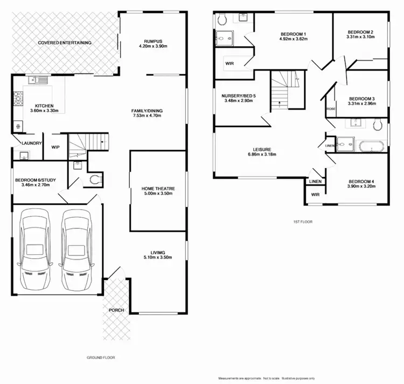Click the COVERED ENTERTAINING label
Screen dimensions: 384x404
(64, 43)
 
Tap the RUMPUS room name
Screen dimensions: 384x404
(153, 40)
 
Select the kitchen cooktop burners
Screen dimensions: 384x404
(19, 100)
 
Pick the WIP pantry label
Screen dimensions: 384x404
(55, 146)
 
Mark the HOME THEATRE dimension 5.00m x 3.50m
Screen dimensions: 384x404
(158, 194)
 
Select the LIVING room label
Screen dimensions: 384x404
(158, 252)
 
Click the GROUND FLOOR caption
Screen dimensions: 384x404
(101, 357)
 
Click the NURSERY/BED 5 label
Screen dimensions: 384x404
(239, 96)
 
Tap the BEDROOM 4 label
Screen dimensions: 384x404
(361, 181)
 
